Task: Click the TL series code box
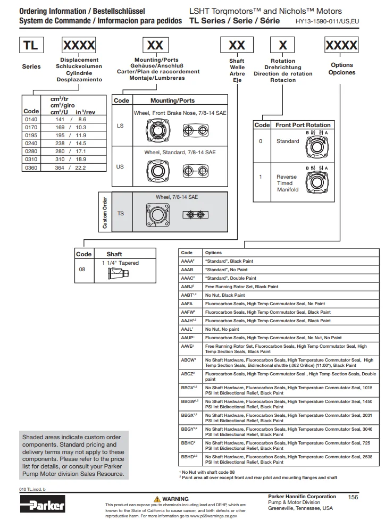coord(31,46)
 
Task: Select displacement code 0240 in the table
coord(31,143)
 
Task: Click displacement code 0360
coord(31,167)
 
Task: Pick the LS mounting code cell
coord(120,126)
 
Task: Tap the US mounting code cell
coord(120,166)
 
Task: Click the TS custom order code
coord(121,213)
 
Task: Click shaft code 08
coord(82,269)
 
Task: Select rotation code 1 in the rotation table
coord(261,177)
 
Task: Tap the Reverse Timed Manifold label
coord(287,183)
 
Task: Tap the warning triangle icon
coord(157,499)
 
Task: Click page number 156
coord(353,497)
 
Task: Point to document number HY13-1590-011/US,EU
coord(330,22)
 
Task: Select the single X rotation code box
coord(282,46)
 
